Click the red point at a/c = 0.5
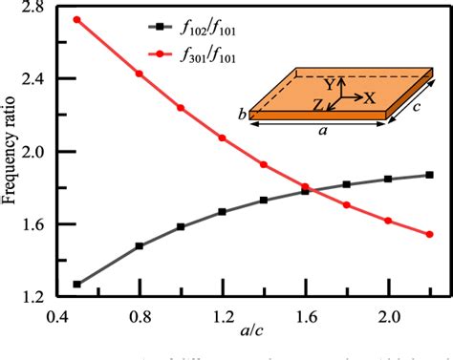point(77,19)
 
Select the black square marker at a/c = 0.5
point(77,284)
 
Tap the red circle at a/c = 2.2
point(429,234)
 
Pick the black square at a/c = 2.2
point(429,175)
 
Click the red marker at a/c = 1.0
point(181,108)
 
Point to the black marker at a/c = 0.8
point(140,245)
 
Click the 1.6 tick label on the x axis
point(306,315)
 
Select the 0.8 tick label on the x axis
point(140,315)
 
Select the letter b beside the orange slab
point(241,115)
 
